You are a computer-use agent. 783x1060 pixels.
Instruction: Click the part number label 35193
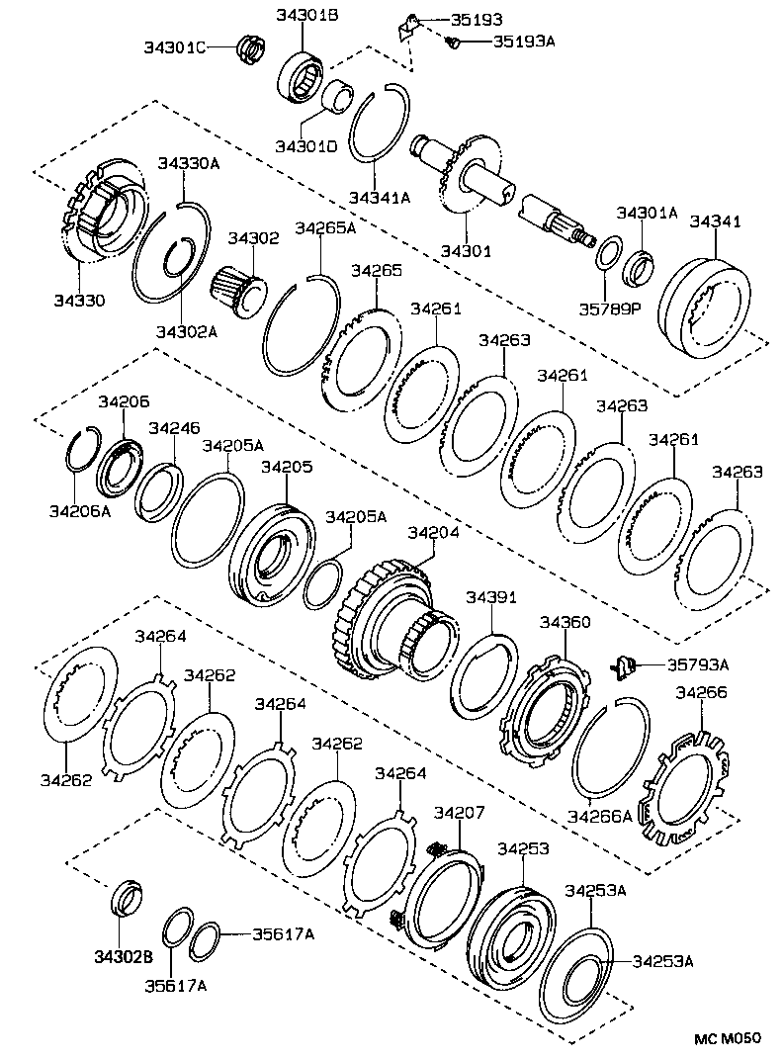click(476, 19)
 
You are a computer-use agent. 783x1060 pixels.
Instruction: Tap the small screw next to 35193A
click(453, 42)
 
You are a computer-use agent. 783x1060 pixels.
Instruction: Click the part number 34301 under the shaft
click(466, 251)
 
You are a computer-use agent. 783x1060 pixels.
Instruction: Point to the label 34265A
click(324, 226)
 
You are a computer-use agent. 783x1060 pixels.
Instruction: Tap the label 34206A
click(76, 510)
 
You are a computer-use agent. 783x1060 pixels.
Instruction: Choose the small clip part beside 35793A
click(622, 664)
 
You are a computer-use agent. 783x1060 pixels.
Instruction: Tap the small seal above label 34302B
click(126, 896)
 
